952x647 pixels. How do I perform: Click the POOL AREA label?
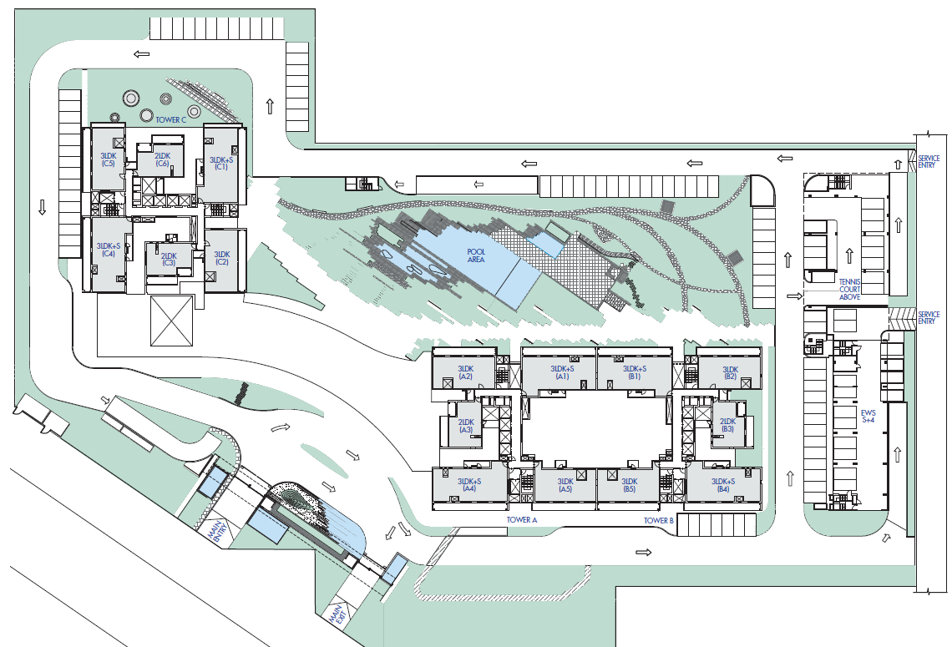pyautogui.click(x=476, y=255)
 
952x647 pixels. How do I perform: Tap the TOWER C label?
pyautogui.click(x=170, y=119)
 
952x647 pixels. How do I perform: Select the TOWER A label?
pyautogui.click(x=522, y=520)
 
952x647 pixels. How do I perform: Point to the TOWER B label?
pyautogui.click(x=659, y=521)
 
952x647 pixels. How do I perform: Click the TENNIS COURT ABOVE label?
pyautogui.click(x=850, y=290)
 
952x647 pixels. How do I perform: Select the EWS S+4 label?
pyautogui.click(x=868, y=417)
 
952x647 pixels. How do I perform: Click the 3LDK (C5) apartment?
pyautogui.click(x=108, y=159)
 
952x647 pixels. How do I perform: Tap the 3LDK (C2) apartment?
pyautogui.click(x=222, y=258)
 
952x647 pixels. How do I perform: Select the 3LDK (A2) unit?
pyautogui.click(x=466, y=372)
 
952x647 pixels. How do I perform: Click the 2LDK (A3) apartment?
pyautogui.click(x=466, y=426)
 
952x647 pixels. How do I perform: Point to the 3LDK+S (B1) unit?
pyautogui.click(x=635, y=372)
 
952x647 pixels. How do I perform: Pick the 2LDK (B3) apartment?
pyautogui.click(x=728, y=425)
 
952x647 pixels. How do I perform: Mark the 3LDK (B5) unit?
pyautogui.click(x=630, y=485)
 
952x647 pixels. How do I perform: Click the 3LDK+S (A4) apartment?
pyautogui.click(x=469, y=485)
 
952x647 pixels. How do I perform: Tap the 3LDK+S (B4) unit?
pyautogui.click(x=723, y=485)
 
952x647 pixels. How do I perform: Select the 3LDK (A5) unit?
pyautogui.click(x=565, y=485)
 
